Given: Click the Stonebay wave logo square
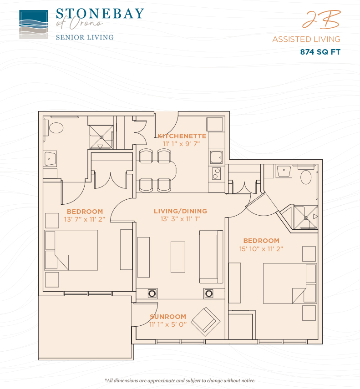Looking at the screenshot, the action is click(34, 24).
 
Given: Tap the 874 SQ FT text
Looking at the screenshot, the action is click(320, 52).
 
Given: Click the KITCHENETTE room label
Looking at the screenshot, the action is click(182, 136).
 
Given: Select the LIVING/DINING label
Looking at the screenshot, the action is click(180, 211).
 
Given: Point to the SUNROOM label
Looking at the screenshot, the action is click(168, 317).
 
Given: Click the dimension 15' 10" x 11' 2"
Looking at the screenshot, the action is click(261, 249).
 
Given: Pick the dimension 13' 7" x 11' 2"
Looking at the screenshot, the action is click(85, 220).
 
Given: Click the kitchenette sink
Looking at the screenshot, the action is click(216, 157).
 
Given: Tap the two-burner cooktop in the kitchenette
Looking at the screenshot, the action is click(216, 173).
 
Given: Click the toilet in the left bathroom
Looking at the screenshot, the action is click(56, 128).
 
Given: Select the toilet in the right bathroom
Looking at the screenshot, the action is click(306, 177).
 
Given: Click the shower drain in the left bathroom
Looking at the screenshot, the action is click(101, 137).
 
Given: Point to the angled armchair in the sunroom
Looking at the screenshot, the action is click(206, 322).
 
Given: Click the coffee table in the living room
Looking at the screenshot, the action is click(178, 257).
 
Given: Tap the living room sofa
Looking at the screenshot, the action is click(211, 257).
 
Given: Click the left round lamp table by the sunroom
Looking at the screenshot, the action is click(152, 294).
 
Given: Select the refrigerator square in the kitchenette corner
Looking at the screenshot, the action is click(215, 124).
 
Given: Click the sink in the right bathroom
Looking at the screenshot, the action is click(284, 171).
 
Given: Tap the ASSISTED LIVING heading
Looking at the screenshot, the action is click(306, 39).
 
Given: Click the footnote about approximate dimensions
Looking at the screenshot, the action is click(180, 380).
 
